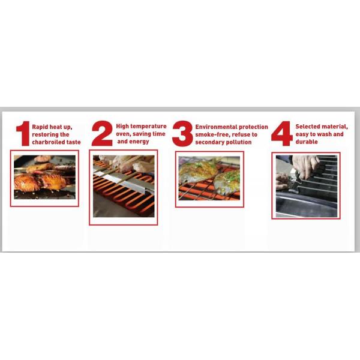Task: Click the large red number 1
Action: click(x=23, y=133)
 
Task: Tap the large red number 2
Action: click(x=102, y=134)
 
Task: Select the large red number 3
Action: click(x=182, y=134)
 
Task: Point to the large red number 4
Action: click(x=281, y=134)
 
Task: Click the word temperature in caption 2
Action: click(x=149, y=127)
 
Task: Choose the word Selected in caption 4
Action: click(x=308, y=127)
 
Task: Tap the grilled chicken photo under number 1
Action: click(x=45, y=177)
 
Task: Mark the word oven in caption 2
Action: click(x=122, y=134)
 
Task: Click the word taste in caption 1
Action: click(x=73, y=142)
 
